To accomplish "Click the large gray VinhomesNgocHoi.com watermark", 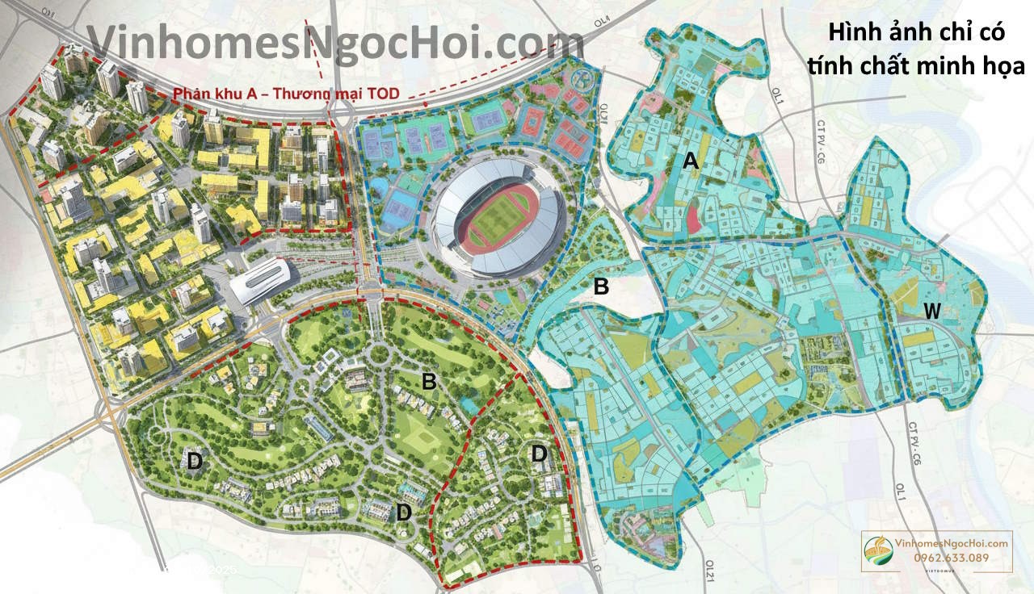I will coord(334,42).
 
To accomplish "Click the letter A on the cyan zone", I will coord(690,162).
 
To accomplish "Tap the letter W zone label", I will coord(933,310).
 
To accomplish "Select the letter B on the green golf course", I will coord(429,383).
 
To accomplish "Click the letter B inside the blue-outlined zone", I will coord(600,286).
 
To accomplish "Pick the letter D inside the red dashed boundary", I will coord(540,454).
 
